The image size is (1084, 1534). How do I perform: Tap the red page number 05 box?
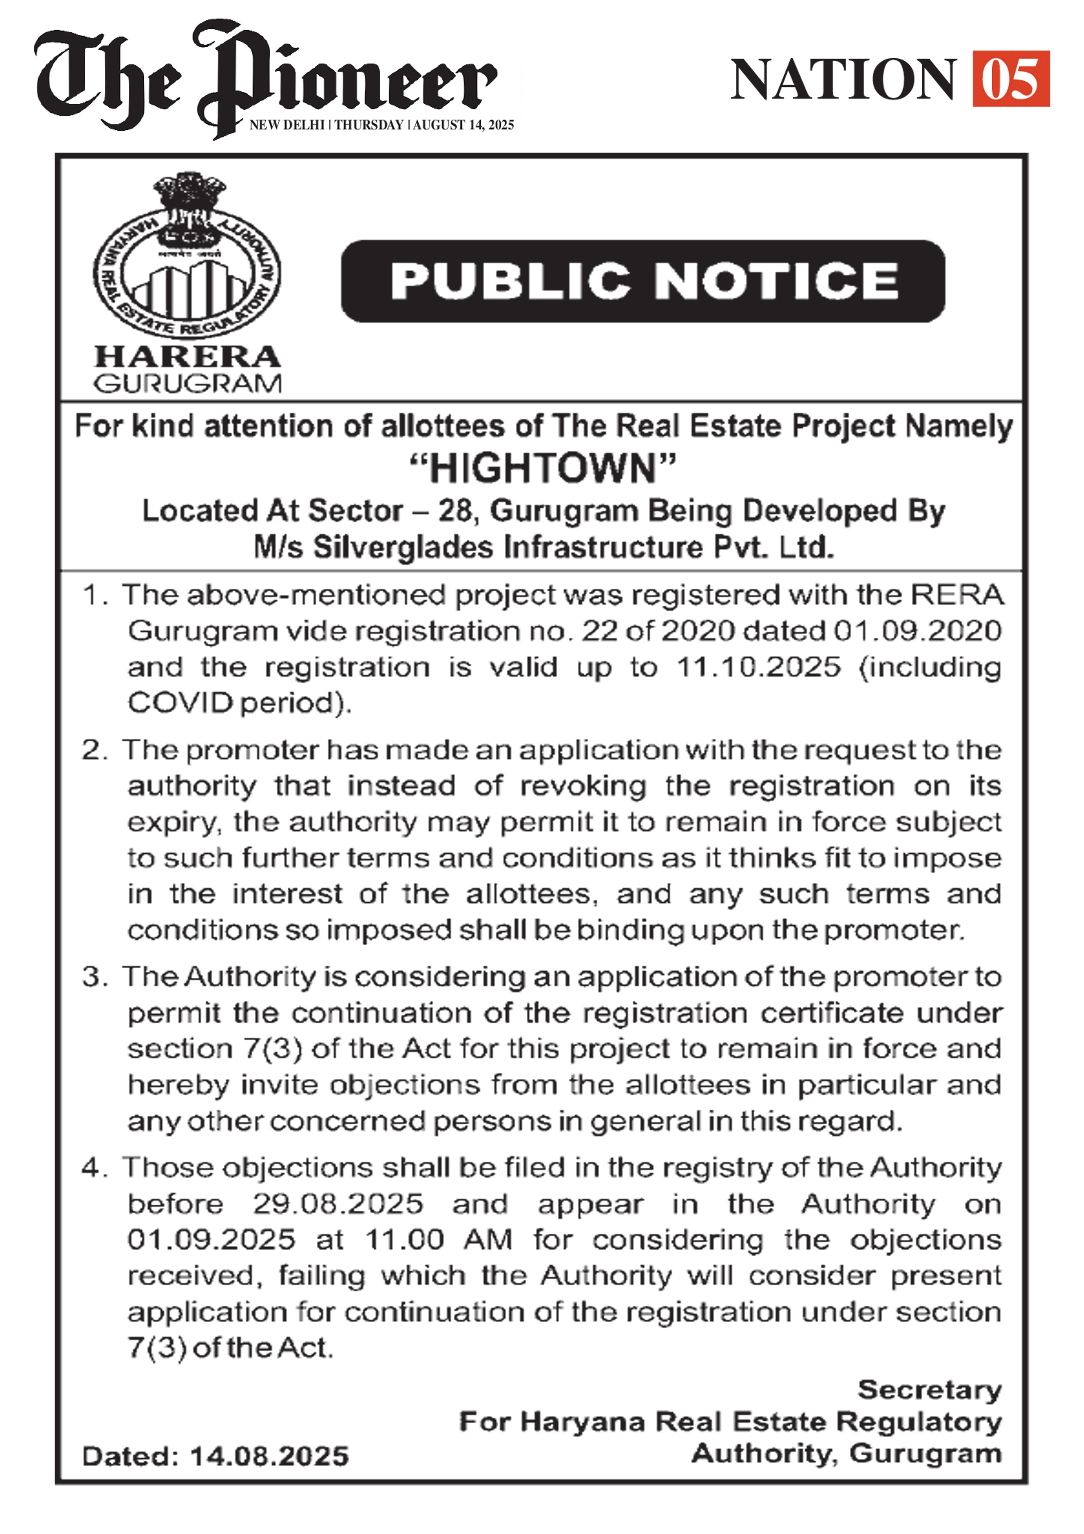pyautogui.click(x=1011, y=79)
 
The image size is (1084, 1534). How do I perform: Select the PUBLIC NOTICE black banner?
pyautogui.click(x=643, y=281)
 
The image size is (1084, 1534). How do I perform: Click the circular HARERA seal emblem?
pyautogui.click(x=187, y=257)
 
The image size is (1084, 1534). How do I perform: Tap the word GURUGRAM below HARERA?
pyautogui.click(x=188, y=383)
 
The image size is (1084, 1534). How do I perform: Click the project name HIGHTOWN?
pyautogui.click(x=542, y=468)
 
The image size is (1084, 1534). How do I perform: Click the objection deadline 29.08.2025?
pyautogui.click(x=338, y=1204)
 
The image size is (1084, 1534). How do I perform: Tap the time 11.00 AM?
pyautogui.click(x=439, y=1240)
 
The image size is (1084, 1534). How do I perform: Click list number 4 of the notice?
pyautogui.click(x=91, y=1168)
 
